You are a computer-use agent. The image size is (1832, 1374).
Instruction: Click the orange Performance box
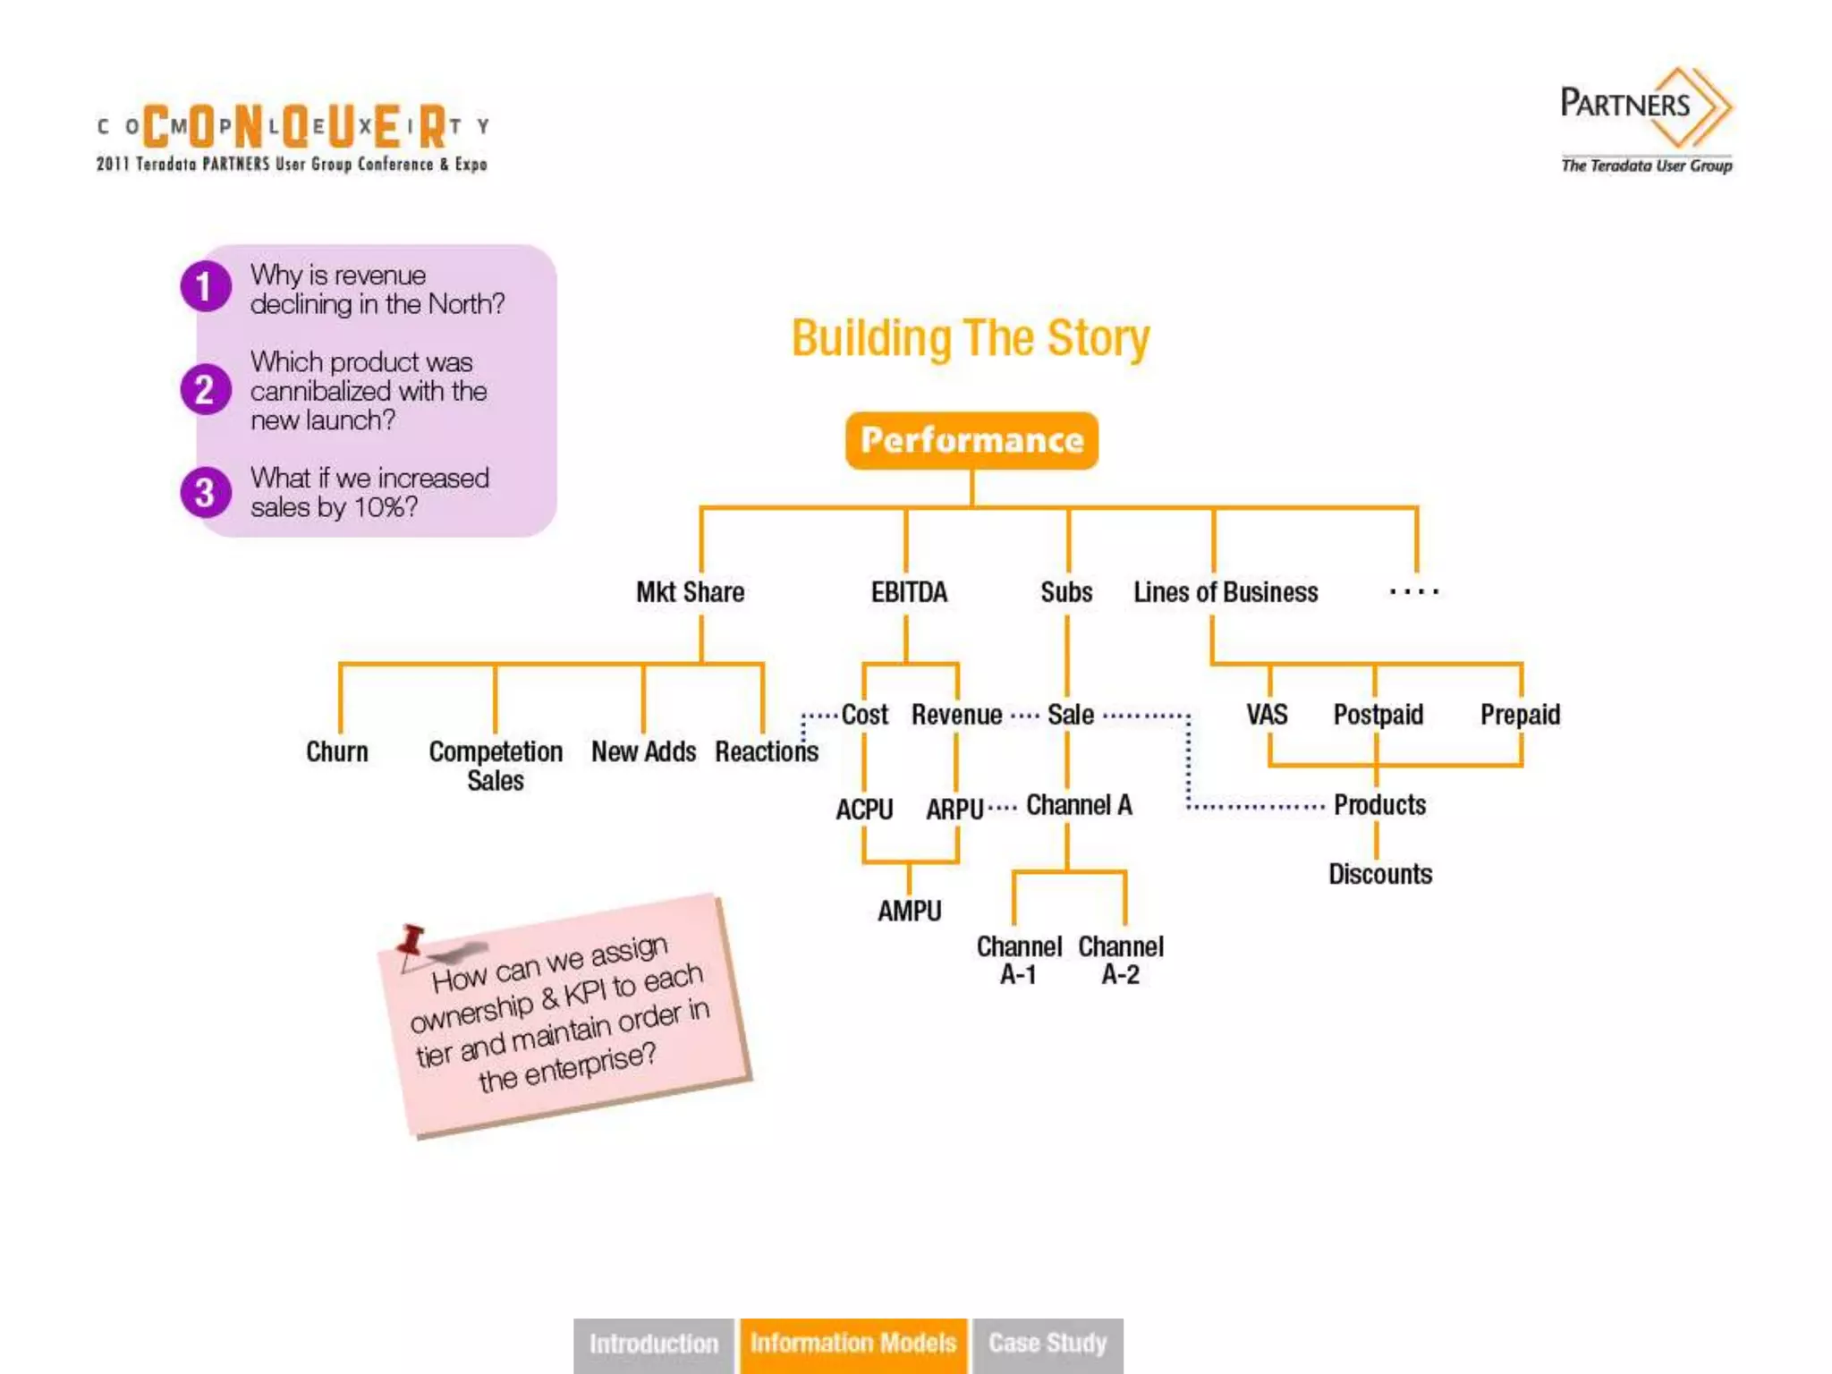tap(971, 440)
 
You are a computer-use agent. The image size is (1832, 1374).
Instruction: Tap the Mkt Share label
tap(690, 592)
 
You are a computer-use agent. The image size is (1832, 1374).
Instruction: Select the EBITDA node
tap(909, 592)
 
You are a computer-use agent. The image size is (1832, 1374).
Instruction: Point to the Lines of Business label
tap(1226, 592)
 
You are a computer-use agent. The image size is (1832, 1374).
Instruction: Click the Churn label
tap(337, 751)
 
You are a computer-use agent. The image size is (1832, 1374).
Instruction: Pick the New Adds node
tap(643, 751)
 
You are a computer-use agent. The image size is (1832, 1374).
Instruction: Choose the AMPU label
tap(909, 911)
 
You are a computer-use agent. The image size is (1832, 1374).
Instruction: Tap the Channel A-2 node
tap(1121, 960)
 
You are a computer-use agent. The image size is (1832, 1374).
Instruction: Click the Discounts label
tap(1380, 874)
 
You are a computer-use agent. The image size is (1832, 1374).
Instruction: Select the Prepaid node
tap(1520, 715)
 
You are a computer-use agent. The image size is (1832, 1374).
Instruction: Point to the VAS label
tap(1267, 715)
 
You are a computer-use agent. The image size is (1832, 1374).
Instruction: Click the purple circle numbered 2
tap(205, 390)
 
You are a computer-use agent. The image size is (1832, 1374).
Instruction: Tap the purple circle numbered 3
tap(205, 493)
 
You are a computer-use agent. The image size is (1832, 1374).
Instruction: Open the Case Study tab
tap(1047, 1344)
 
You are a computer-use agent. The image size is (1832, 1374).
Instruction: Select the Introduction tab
tap(653, 1344)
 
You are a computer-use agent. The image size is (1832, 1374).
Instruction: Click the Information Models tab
tap(853, 1344)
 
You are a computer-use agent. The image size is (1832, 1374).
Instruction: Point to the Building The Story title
tap(971, 339)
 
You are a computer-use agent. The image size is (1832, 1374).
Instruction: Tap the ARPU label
tap(954, 810)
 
